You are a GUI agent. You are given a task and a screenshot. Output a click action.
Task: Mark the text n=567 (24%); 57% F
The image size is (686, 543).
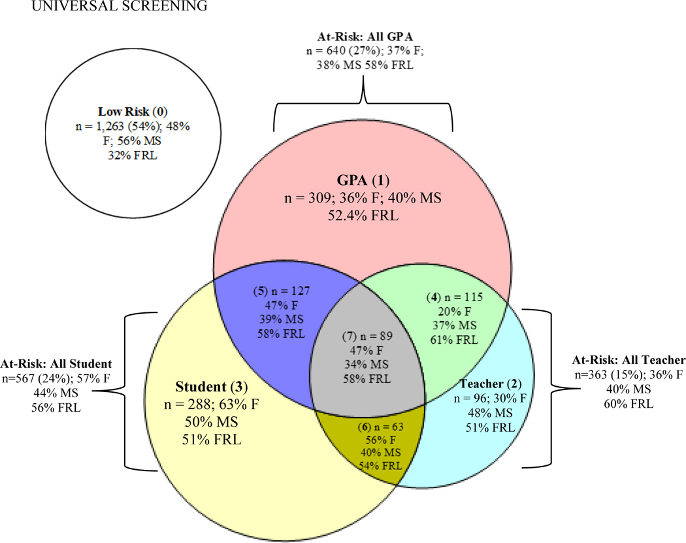pyautogui.click(x=56, y=376)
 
